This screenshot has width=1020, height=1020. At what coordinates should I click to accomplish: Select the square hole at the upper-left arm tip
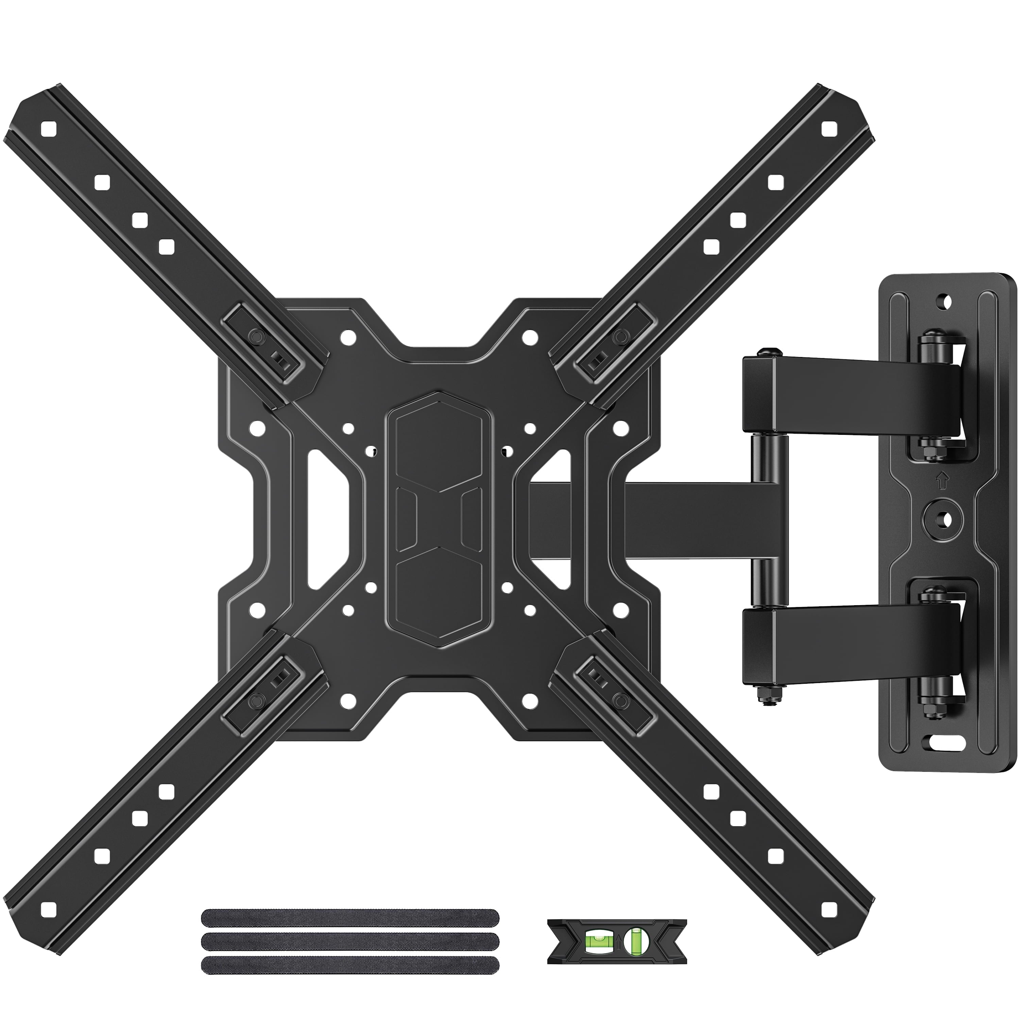48,127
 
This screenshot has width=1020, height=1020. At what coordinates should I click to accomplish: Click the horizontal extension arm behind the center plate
686,520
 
